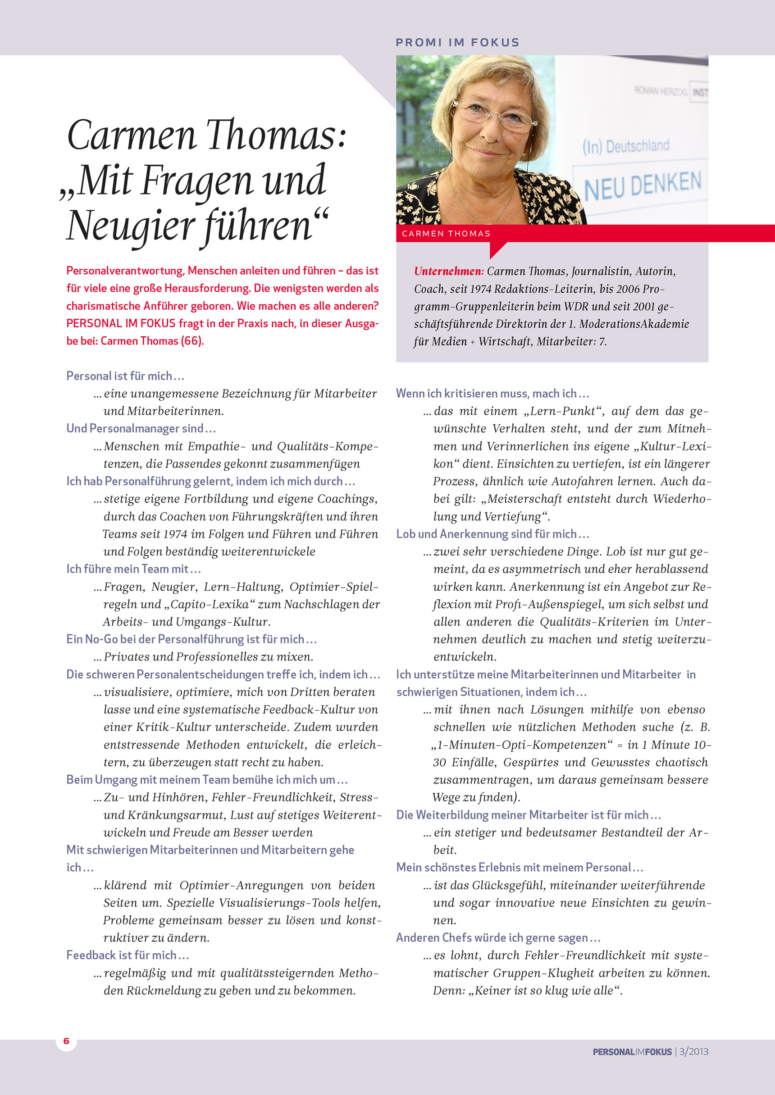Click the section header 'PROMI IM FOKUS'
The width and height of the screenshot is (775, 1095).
[x=457, y=42]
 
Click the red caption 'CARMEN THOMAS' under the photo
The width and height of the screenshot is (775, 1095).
[x=446, y=234]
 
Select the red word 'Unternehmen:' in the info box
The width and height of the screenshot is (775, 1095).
[x=449, y=271]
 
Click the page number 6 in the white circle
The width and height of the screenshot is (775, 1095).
[x=66, y=1041]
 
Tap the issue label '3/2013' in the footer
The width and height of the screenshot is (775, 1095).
[x=694, y=1052]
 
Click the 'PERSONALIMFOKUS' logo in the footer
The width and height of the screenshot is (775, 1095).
[x=632, y=1052]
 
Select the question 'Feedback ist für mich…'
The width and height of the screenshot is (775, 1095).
[x=128, y=955]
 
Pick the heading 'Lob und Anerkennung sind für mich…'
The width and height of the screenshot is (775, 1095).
[x=492, y=534]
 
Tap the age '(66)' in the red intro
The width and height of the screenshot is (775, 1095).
[x=192, y=341]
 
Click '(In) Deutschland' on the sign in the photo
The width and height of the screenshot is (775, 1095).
[x=625, y=146]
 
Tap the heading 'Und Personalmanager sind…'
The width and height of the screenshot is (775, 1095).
[x=141, y=428]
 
